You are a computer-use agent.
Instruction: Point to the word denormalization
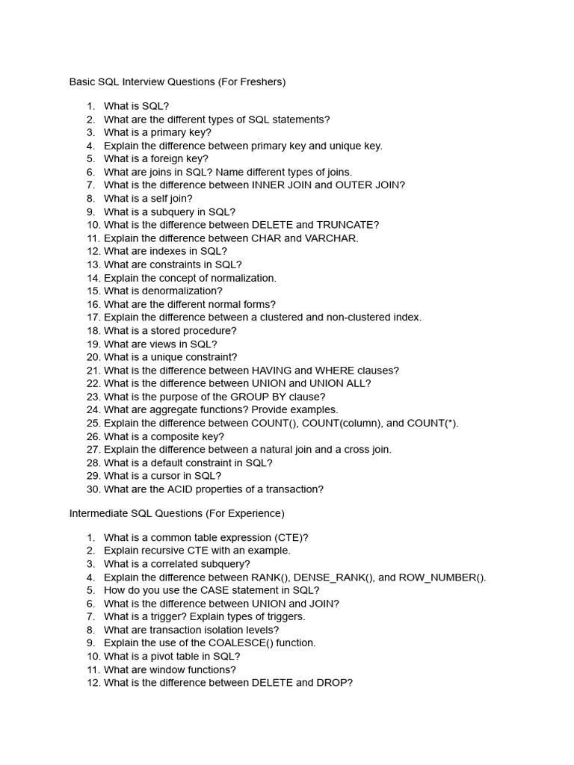click(x=181, y=291)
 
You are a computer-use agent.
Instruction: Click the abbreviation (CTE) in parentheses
click(x=291, y=537)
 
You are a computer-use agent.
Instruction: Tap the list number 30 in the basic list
click(x=93, y=489)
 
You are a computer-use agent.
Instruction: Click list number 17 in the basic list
click(x=93, y=318)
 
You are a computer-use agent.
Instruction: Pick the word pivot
click(x=166, y=657)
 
